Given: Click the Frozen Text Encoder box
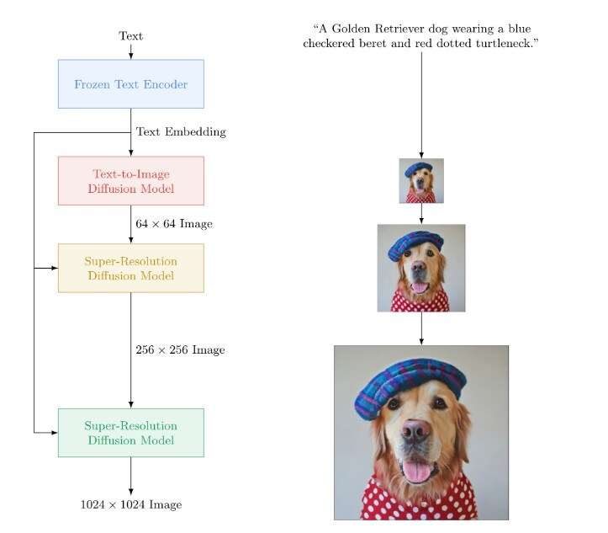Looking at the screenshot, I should pos(130,84).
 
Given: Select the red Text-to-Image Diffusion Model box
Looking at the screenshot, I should pos(130,180).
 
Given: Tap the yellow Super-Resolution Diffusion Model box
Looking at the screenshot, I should pos(130,268).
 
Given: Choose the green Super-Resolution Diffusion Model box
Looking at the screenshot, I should pos(130,433).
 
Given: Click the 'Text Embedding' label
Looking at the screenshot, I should pos(181,132).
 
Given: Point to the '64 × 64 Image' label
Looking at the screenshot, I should pos(174,224).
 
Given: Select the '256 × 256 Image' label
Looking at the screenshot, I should pos(180,349).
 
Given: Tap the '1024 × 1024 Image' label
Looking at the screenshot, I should pos(130,504).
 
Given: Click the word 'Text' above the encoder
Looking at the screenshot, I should pos(130,36).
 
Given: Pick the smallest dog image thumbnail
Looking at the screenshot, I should pos(421,181).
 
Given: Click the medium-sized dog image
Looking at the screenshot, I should pos(421,268).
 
